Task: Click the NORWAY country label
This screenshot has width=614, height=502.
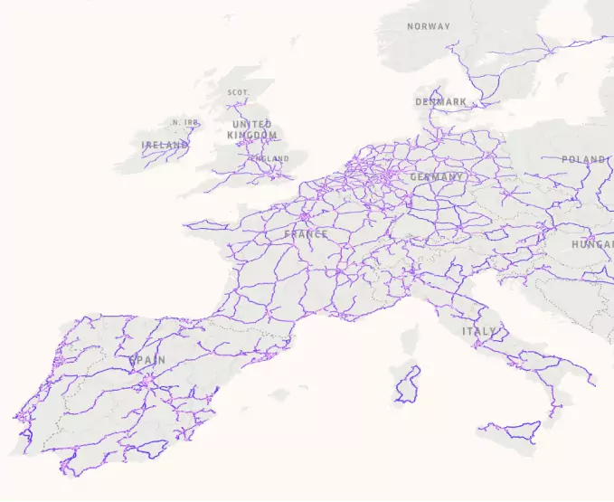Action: [x=428, y=26]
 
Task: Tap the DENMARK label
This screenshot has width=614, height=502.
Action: [x=441, y=102]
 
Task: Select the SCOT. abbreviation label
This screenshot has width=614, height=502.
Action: [x=239, y=92]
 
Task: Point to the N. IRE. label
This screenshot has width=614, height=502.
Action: [x=185, y=123]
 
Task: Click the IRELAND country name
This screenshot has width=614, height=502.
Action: [x=165, y=145]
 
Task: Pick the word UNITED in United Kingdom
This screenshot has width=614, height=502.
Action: [x=251, y=124]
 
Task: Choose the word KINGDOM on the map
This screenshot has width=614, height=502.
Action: [x=252, y=135]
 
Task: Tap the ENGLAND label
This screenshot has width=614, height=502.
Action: [x=269, y=159]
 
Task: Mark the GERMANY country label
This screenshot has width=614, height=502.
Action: [x=437, y=177]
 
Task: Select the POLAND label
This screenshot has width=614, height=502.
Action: [x=583, y=159]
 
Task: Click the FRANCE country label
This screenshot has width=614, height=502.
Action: [x=306, y=234]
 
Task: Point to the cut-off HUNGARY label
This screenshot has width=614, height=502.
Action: [x=592, y=244]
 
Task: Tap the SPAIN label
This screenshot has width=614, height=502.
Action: [x=147, y=360]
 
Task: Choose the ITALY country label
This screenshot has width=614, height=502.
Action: [x=479, y=332]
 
